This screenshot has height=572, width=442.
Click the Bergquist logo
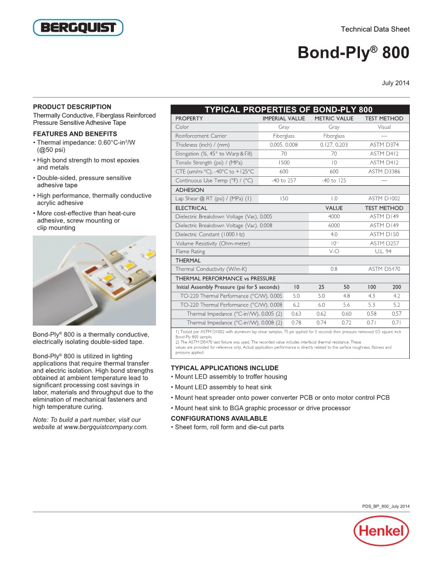(x=78, y=28)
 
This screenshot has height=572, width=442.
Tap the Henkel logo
(x=381, y=531)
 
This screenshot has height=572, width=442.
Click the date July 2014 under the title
(x=396, y=83)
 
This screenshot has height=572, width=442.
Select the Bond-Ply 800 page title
(x=353, y=53)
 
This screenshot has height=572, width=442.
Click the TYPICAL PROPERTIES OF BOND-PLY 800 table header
(x=289, y=110)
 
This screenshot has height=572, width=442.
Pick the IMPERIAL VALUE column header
(x=283, y=119)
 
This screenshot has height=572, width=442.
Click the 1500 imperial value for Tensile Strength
(x=284, y=163)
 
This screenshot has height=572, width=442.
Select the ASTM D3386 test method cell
(x=384, y=172)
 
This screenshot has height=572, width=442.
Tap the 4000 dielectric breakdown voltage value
(x=334, y=216)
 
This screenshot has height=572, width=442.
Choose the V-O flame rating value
(x=334, y=251)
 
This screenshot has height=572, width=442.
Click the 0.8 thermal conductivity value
(x=334, y=269)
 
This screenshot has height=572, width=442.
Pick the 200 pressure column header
(x=396, y=287)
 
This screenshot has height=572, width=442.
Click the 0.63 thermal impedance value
(x=296, y=314)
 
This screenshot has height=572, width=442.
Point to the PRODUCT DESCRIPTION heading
(x=72, y=107)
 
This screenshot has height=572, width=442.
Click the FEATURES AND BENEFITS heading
(x=75, y=134)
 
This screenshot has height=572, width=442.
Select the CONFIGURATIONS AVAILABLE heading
(x=219, y=418)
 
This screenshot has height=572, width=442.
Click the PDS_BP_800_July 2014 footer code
(x=386, y=506)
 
